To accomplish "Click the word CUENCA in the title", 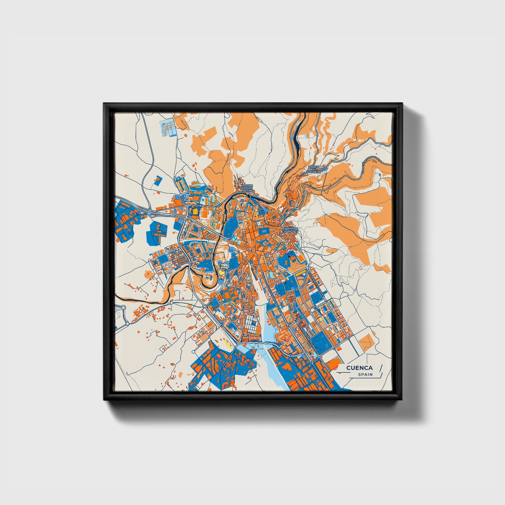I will pyautogui.click(x=359, y=368).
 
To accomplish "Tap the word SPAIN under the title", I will pyautogui.click(x=365, y=375).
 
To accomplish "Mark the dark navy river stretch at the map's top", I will pyautogui.click(x=297, y=133).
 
